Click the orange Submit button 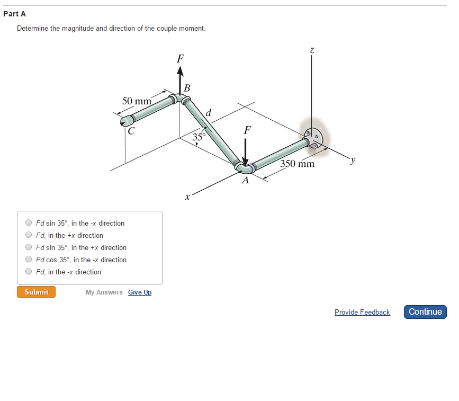click(x=36, y=292)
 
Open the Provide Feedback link click(x=362, y=312)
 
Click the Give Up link click(x=140, y=292)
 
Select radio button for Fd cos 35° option click(x=29, y=260)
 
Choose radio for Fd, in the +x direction click(x=29, y=235)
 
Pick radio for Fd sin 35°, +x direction click(x=29, y=247)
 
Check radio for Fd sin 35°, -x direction click(x=29, y=223)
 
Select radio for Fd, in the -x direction click(x=29, y=272)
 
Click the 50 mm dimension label click(x=137, y=101)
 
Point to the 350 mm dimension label click(x=298, y=164)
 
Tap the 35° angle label click(x=199, y=137)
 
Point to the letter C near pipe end click(x=131, y=129)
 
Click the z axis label click(x=312, y=50)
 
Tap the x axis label click(x=187, y=198)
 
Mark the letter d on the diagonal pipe click(x=209, y=112)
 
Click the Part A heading click(x=14, y=14)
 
